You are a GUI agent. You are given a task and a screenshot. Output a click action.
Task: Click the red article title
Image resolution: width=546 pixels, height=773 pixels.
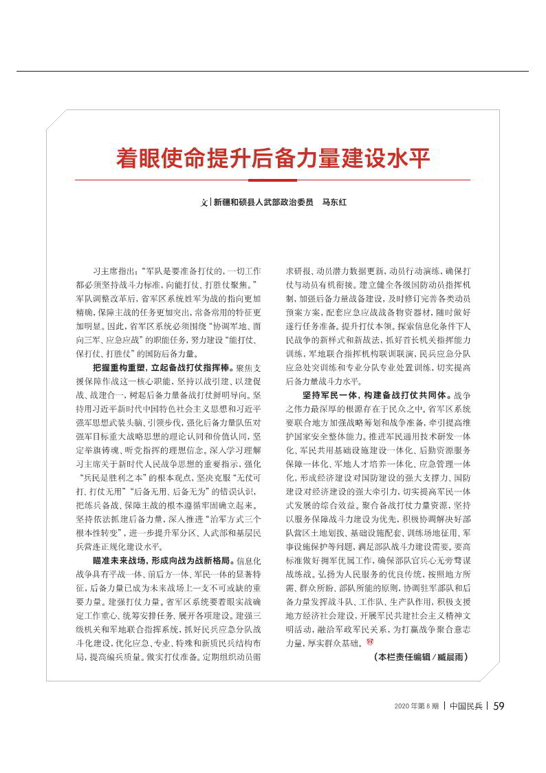273,159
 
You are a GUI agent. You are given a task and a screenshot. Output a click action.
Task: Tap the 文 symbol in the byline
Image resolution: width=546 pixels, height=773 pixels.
204,203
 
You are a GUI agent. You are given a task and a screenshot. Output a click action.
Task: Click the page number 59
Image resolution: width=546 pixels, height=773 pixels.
499,706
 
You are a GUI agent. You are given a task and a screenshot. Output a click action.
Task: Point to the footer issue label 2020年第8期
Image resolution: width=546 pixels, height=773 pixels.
417,706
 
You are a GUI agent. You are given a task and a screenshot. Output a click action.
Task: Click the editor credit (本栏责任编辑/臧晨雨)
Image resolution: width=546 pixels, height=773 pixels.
421,657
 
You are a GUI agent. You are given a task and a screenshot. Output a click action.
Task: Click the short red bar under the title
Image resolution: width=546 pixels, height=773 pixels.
273,180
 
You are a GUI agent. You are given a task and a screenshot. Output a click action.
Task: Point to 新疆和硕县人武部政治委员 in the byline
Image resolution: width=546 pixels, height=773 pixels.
263,203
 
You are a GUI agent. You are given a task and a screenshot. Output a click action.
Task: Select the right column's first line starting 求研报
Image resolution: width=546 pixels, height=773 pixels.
378,271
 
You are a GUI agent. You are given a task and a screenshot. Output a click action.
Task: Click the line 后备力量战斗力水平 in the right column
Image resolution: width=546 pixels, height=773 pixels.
323,381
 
